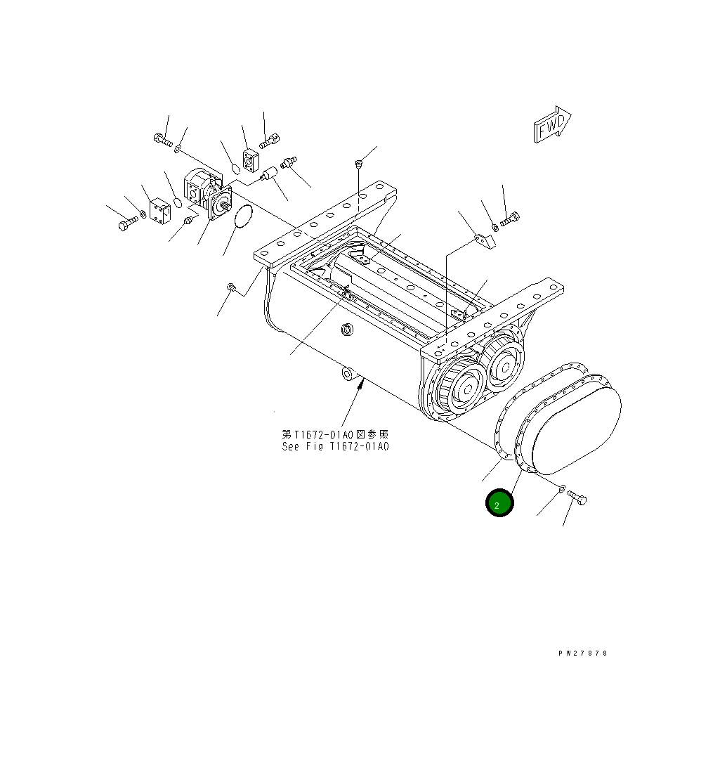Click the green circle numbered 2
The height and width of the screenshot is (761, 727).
coord(500,504)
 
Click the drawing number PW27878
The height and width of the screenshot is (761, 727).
coord(582,653)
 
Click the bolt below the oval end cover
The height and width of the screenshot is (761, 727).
coord(578,498)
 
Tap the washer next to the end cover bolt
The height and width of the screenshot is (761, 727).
coord(563,488)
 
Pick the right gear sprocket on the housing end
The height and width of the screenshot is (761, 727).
coord(503,360)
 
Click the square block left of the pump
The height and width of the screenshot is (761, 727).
coord(159,212)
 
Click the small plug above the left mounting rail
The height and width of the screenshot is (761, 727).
coord(358,165)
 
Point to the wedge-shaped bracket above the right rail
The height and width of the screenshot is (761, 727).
coord(483,241)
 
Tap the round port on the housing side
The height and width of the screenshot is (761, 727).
coord(346,330)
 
